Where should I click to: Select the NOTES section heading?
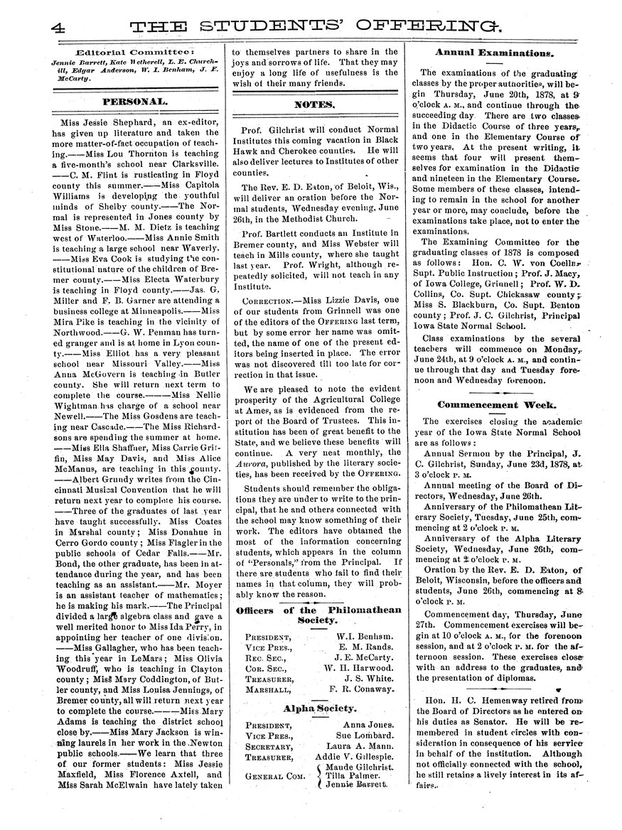click(314, 104)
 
